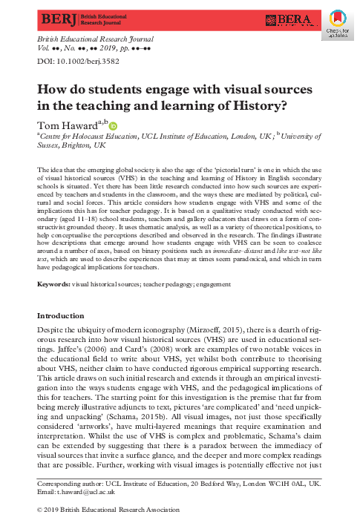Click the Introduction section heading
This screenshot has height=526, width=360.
65,315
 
